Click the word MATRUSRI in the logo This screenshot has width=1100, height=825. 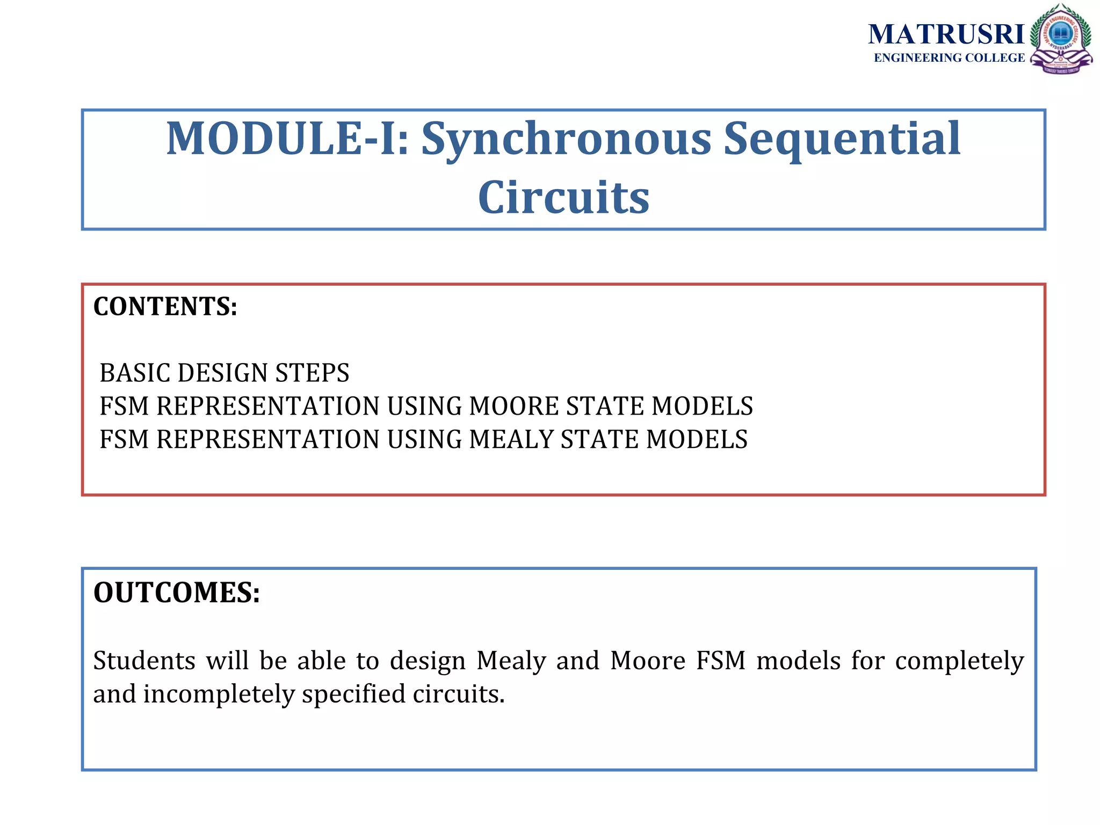point(946,35)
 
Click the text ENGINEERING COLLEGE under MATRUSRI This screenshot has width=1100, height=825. point(949,58)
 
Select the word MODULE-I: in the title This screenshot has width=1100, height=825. point(287,139)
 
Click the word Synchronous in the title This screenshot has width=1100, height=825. point(566,139)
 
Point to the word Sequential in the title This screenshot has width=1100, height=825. point(842,139)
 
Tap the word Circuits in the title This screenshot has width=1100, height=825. point(563,197)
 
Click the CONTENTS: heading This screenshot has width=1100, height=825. point(165,307)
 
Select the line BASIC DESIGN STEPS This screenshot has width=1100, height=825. point(225,373)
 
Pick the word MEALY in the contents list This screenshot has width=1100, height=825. point(511,439)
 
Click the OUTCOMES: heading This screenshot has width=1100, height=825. point(177,593)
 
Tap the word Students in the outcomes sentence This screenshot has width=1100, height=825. point(144,660)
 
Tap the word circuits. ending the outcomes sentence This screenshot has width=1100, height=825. point(459,694)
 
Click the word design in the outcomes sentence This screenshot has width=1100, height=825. point(428,661)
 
